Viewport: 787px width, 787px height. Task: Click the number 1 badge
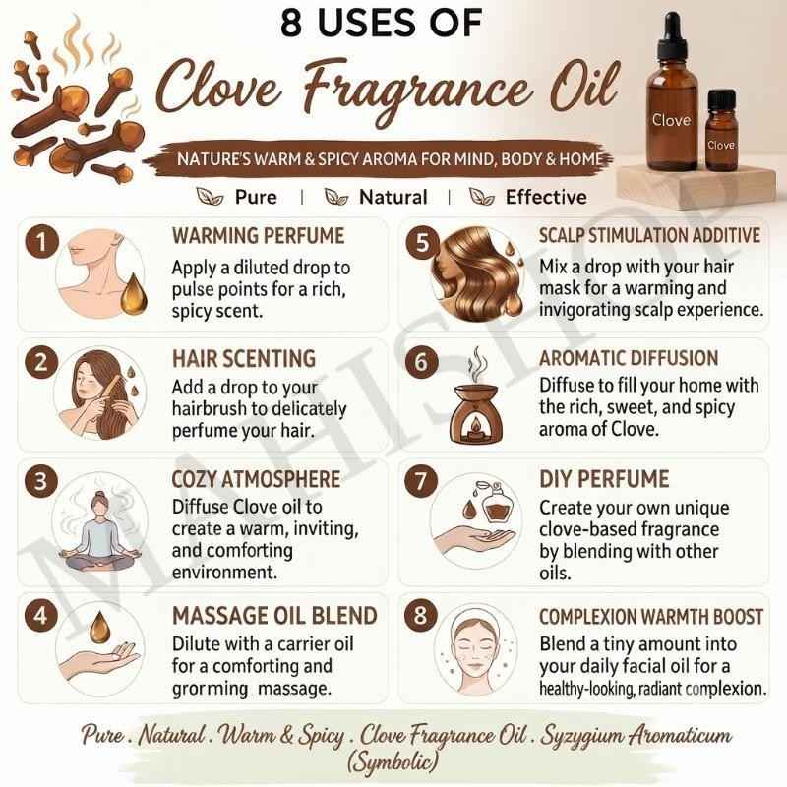click(41, 242)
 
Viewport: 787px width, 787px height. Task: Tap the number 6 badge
click(421, 362)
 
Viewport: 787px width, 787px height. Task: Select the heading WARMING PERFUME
click(258, 236)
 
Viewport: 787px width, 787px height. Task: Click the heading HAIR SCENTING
click(244, 359)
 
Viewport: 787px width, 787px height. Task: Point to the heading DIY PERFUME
click(604, 479)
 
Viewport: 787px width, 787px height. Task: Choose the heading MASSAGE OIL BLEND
click(274, 616)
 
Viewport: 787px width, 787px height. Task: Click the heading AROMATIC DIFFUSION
click(629, 358)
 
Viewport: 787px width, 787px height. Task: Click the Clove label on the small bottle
click(721, 145)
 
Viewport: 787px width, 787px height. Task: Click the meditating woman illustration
click(100, 531)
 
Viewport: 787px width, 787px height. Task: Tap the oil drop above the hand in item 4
click(99, 627)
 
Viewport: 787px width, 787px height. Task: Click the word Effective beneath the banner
click(546, 197)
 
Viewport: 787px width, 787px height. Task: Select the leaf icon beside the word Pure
click(210, 196)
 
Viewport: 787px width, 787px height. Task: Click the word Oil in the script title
click(585, 86)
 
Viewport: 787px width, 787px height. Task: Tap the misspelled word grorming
click(210, 689)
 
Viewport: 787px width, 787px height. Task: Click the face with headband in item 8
click(476, 650)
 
